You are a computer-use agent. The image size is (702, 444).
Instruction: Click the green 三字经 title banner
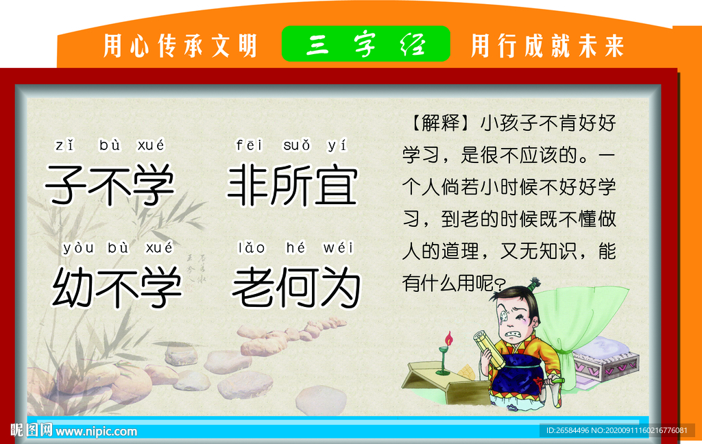366,45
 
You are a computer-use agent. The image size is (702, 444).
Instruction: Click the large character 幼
73,288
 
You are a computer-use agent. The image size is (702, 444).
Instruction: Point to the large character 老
253,288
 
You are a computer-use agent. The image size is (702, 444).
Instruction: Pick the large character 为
338,288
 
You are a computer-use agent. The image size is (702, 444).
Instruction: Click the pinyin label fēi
248,145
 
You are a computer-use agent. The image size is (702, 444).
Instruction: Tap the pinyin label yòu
77,248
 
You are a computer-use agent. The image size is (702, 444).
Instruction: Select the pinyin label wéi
338,248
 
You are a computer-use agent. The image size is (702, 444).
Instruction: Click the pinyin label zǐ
64,145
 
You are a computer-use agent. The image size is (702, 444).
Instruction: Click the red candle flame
449,338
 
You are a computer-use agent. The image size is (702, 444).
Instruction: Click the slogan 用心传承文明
180,46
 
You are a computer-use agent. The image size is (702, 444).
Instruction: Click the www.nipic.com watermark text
96,432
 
